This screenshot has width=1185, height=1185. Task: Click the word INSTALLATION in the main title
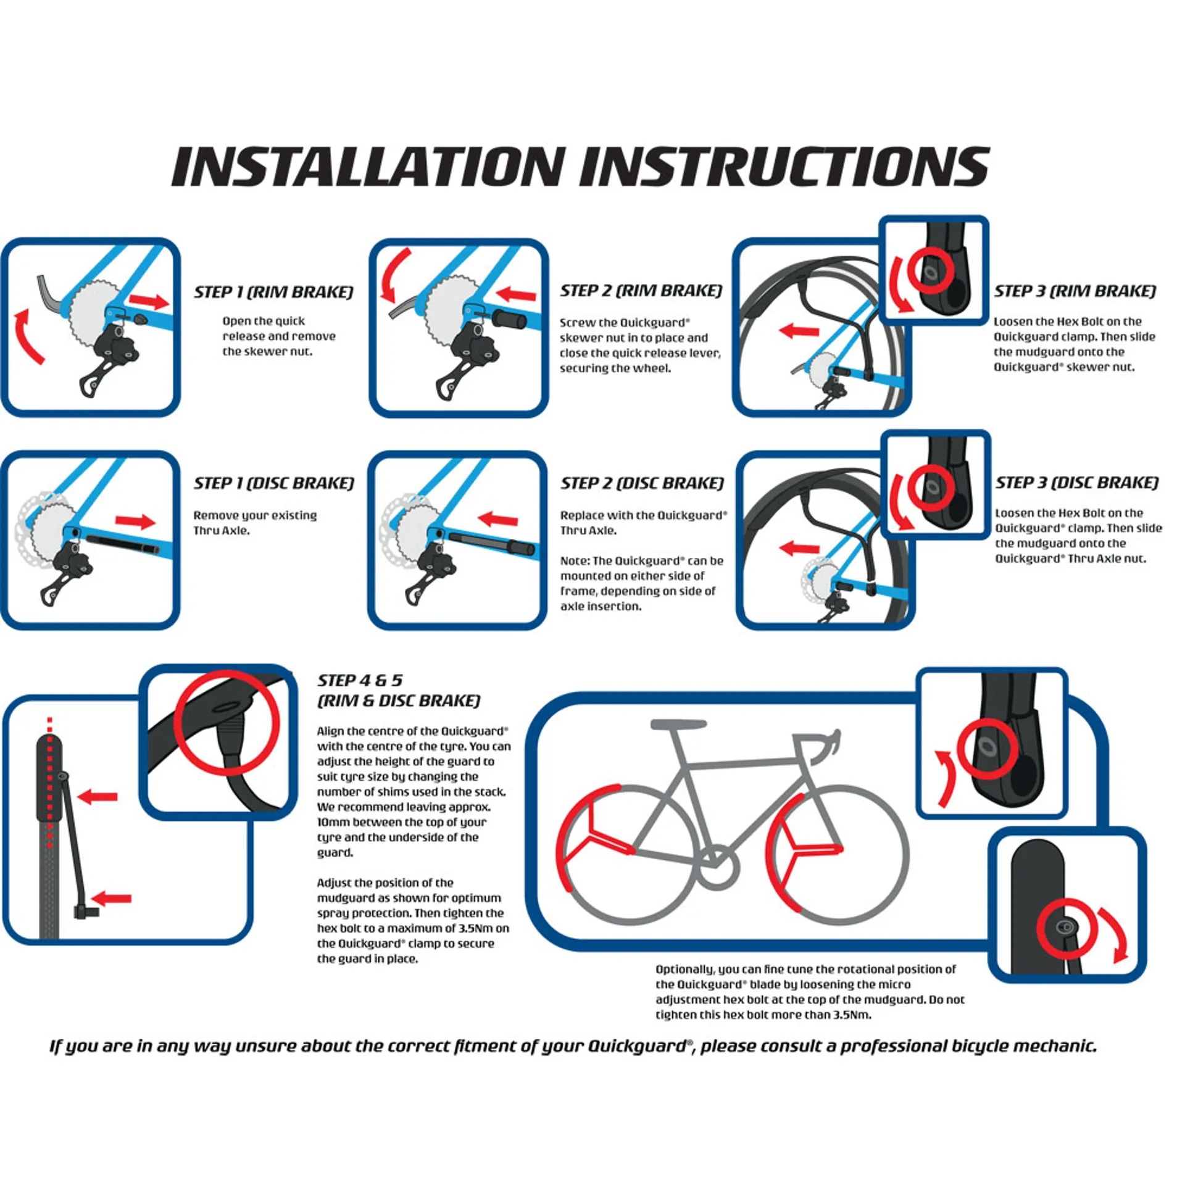(x=368, y=167)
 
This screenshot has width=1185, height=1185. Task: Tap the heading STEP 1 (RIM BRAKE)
(x=273, y=292)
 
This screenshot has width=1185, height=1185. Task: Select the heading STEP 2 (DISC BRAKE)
(x=642, y=483)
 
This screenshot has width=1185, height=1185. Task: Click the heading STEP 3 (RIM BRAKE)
(x=1075, y=291)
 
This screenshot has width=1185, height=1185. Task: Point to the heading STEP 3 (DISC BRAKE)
(x=1077, y=483)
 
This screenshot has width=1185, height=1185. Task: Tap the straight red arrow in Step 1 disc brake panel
(x=135, y=522)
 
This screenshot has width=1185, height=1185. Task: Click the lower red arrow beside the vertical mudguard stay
(x=113, y=898)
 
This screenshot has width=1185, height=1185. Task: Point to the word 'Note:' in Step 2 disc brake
(x=574, y=561)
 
